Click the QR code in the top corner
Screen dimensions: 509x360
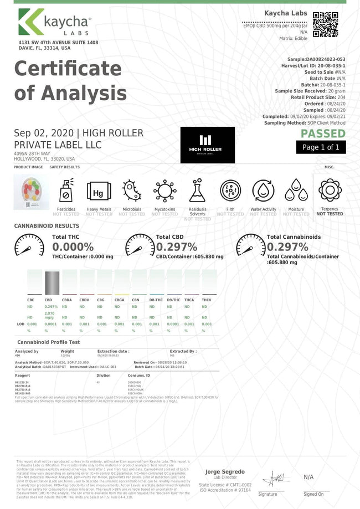click(x=325, y=24)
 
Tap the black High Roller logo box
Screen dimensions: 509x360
click(x=207, y=145)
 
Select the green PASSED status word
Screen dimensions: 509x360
click(x=323, y=133)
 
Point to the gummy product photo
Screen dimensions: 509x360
click(x=28, y=192)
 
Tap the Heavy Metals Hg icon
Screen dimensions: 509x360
click(x=99, y=192)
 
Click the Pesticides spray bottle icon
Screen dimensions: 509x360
click(x=66, y=192)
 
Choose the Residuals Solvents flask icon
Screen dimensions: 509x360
click(x=197, y=192)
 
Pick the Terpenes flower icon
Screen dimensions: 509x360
click(x=329, y=191)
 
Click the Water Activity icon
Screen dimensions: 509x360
click(x=263, y=192)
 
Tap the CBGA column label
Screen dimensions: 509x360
click(x=119, y=300)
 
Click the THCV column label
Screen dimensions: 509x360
click(x=206, y=300)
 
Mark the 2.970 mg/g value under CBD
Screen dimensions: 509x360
click(x=49, y=315)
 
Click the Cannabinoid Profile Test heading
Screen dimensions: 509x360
click(x=49, y=342)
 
